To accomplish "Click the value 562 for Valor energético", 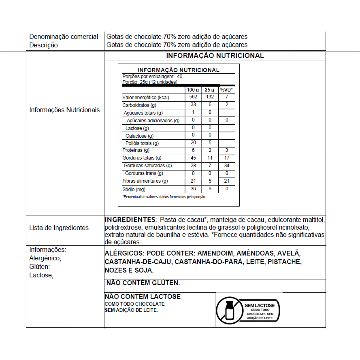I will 193,97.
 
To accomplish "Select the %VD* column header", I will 227,89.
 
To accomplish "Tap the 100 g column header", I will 193,89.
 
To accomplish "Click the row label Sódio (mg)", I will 134,189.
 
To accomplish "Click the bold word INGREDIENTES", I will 130,219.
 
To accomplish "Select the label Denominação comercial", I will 64,37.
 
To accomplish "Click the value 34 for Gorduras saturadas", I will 227,165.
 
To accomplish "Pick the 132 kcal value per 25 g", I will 210,97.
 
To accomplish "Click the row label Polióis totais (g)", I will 142,143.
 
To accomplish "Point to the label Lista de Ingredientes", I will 59,228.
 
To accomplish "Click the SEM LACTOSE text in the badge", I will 260,305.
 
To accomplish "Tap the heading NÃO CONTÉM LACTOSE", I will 143,297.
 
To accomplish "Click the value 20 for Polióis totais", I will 193,143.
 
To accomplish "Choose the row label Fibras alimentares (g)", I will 145,181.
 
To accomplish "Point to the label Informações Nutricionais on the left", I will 64,110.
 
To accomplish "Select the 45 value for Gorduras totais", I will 193,158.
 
